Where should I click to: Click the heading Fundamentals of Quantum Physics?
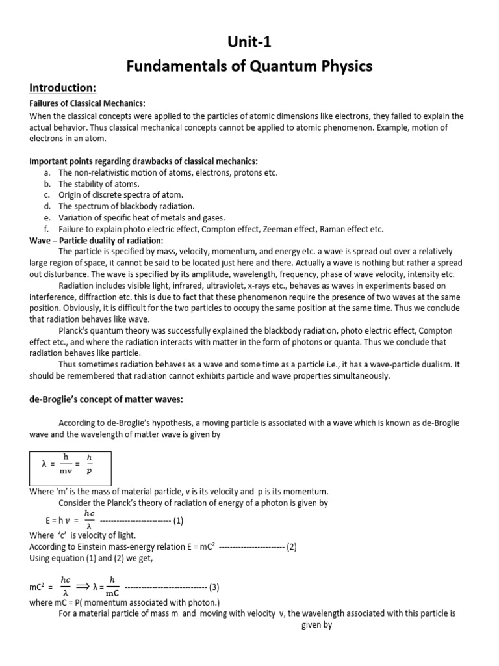(x=249, y=66)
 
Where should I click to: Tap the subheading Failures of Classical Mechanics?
(x=88, y=104)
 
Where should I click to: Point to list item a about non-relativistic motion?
(x=168, y=173)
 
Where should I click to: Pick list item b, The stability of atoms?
(x=99, y=184)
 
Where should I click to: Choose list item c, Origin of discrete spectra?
(x=121, y=195)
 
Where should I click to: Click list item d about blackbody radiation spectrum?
(x=126, y=206)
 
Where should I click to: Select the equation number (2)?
(x=291, y=546)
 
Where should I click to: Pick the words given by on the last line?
(x=318, y=625)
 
